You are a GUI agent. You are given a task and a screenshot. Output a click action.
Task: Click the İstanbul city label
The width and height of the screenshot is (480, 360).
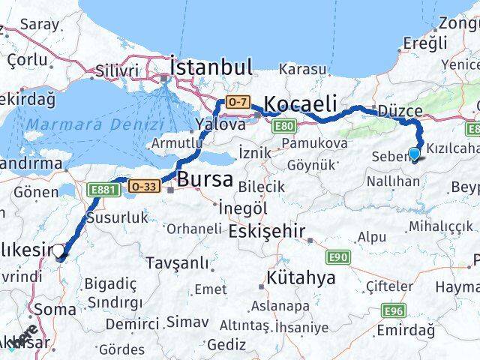coord(211,68)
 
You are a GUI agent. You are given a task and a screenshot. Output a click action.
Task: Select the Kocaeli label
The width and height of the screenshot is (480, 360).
coord(301,103)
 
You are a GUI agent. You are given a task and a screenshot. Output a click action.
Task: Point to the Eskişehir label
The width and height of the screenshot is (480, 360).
coord(267,231)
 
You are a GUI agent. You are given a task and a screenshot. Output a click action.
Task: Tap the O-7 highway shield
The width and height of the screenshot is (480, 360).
coord(238,101)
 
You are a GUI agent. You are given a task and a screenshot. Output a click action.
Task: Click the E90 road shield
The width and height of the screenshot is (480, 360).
coord(337,258)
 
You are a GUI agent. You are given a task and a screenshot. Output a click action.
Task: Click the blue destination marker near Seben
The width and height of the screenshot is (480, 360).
coord(414,154)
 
